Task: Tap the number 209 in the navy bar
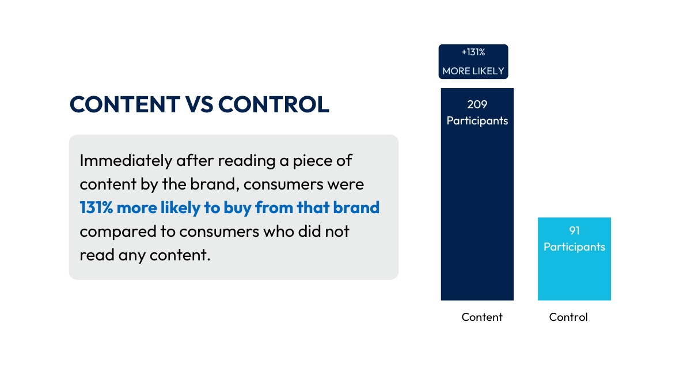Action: pyautogui.click(x=477, y=105)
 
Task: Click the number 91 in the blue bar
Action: pyautogui.click(x=574, y=230)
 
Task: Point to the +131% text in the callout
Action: pyautogui.click(x=473, y=52)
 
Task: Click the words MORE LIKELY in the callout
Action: pyautogui.click(x=473, y=71)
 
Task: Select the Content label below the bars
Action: pyautogui.click(x=482, y=317)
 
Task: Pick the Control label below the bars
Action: pyautogui.click(x=568, y=317)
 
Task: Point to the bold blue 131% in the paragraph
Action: pyautogui.click(x=96, y=208)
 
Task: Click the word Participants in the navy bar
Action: pyautogui.click(x=477, y=121)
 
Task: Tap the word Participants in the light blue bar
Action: pyautogui.click(x=574, y=247)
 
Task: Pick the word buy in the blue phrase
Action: pyautogui.click(x=234, y=208)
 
